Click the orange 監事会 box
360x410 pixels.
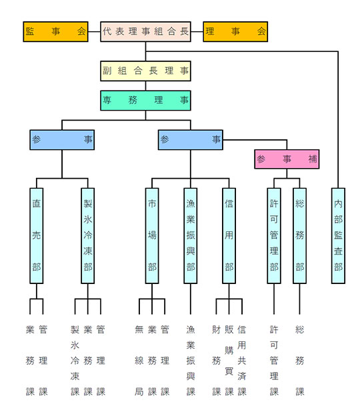tap(55, 31)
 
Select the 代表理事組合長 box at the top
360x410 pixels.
tap(145, 31)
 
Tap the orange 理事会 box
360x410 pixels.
tap(235, 31)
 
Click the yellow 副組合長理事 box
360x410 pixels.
tap(145, 71)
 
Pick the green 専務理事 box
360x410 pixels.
tap(145, 101)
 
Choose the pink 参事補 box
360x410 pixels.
tap(287, 159)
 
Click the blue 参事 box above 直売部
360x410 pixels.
tap(62, 140)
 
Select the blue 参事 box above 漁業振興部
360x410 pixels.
tap(190, 140)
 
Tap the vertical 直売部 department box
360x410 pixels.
tap(37, 235)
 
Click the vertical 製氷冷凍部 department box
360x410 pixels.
tap(88, 235)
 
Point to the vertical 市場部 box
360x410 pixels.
tap(152, 235)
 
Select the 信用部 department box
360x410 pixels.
tap(229, 235)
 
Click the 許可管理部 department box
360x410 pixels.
tap(274, 235)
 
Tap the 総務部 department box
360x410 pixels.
tap(299, 235)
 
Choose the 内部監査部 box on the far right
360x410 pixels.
tap(338, 235)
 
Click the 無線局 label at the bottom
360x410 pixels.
tap(139, 361)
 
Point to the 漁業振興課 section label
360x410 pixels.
tap(191, 361)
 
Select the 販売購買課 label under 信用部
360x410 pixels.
tap(229, 361)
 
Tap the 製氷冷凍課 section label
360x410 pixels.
tap(75, 361)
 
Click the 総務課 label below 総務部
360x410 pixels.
tap(299, 361)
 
